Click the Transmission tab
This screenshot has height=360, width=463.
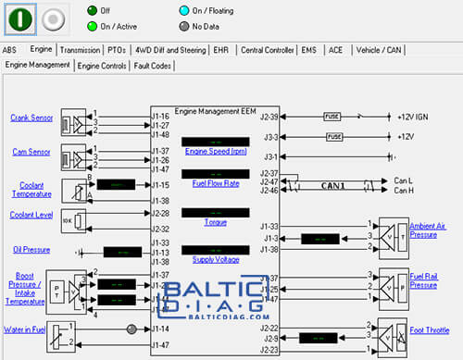point(80,50)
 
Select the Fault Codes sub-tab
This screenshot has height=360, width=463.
point(152,66)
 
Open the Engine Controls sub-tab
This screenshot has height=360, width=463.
point(102,66)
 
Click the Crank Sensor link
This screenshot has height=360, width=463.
point(31,118)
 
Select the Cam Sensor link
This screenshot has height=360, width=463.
point(30,150)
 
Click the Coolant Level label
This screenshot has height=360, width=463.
point(31,215)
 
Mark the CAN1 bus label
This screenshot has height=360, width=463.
point(332,185)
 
